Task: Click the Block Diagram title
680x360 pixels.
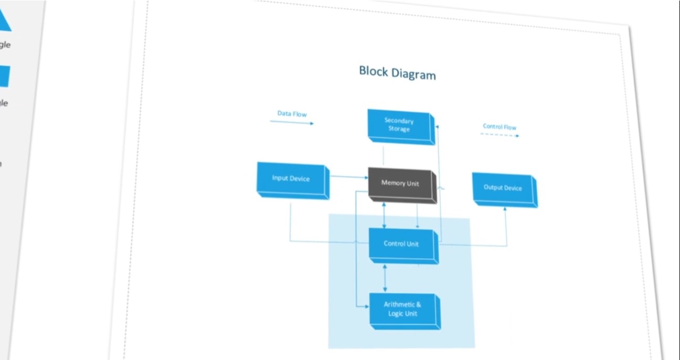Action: pyautogui.click(x=397, y=72)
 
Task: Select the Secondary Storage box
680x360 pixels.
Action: pyautogui.click(x=400, y=125)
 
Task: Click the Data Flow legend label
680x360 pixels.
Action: pyautogui.click(x=292, y=114)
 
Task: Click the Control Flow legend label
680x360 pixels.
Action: pyautogui.click(x=500, y=127)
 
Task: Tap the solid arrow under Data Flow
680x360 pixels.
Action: pyautogui.click(x=292, y=122)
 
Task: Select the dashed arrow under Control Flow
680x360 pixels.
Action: pyautogui.click(x=500, y=135)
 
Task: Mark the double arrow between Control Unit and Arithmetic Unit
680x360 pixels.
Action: pyautogui.click(x=385, y=278)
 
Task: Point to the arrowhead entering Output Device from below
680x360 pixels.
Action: pyautogui.click(x=506, y=210)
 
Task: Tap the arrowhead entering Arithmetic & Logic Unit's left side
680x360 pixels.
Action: pyautogui.click(x=366, y=306)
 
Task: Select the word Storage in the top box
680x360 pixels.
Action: pyautogui.click(x=399, y=129)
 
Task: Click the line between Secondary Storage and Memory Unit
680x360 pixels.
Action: pyautogui.click(x=384, y=155)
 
